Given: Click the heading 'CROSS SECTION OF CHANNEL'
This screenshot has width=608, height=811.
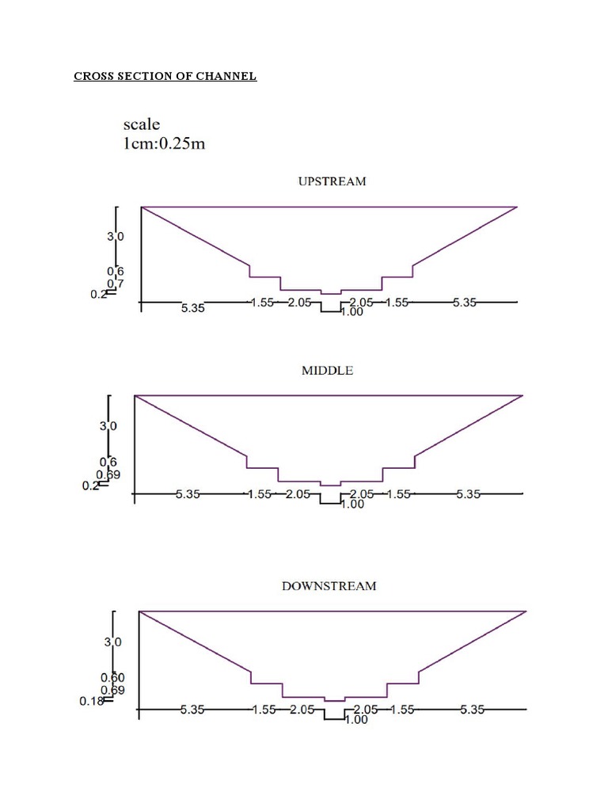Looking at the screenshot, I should pyautogui.click(x=165, y=77).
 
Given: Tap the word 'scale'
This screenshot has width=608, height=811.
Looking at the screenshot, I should pyautogui.click(x=142, y=124).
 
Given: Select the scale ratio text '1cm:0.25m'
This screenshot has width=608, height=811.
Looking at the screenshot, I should pyautogui.click(x=165, y=145).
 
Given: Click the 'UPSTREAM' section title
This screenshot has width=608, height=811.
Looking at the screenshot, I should pyautogui.click(x=332, y=181).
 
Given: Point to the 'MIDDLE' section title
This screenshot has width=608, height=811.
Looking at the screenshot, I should pyautogui.click(x=327, y=371).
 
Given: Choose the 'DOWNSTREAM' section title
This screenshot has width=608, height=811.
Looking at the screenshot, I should pyautogui.click(x=329, y=587).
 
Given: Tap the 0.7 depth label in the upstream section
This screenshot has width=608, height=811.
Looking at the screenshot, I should pyautogui.click(x=115, y=283).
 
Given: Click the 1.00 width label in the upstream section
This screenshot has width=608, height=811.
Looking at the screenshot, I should pyautogui.click(x=351, y=312).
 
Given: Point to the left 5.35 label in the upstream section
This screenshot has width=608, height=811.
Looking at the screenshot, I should pyautogui.click(x=192, y=309).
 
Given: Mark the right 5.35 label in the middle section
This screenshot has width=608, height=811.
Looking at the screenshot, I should pyautogui.click(x=469, y=494).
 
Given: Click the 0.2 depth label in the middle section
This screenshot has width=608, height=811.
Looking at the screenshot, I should pyautogui.click(x=91, y=486).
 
